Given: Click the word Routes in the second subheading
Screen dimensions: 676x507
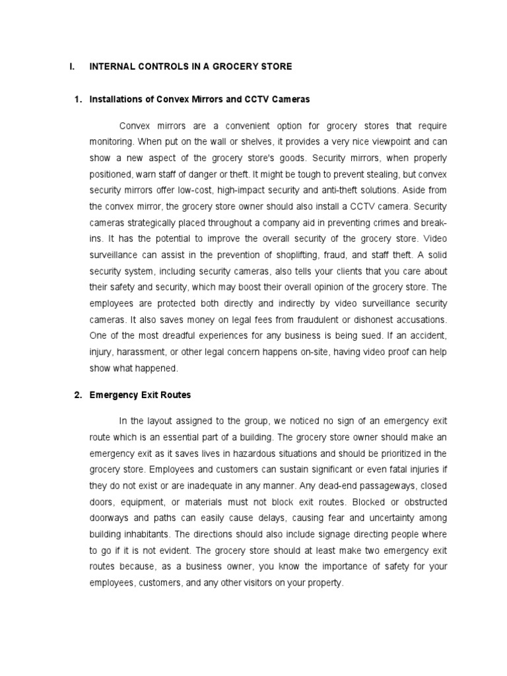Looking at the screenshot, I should click(176, 395).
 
